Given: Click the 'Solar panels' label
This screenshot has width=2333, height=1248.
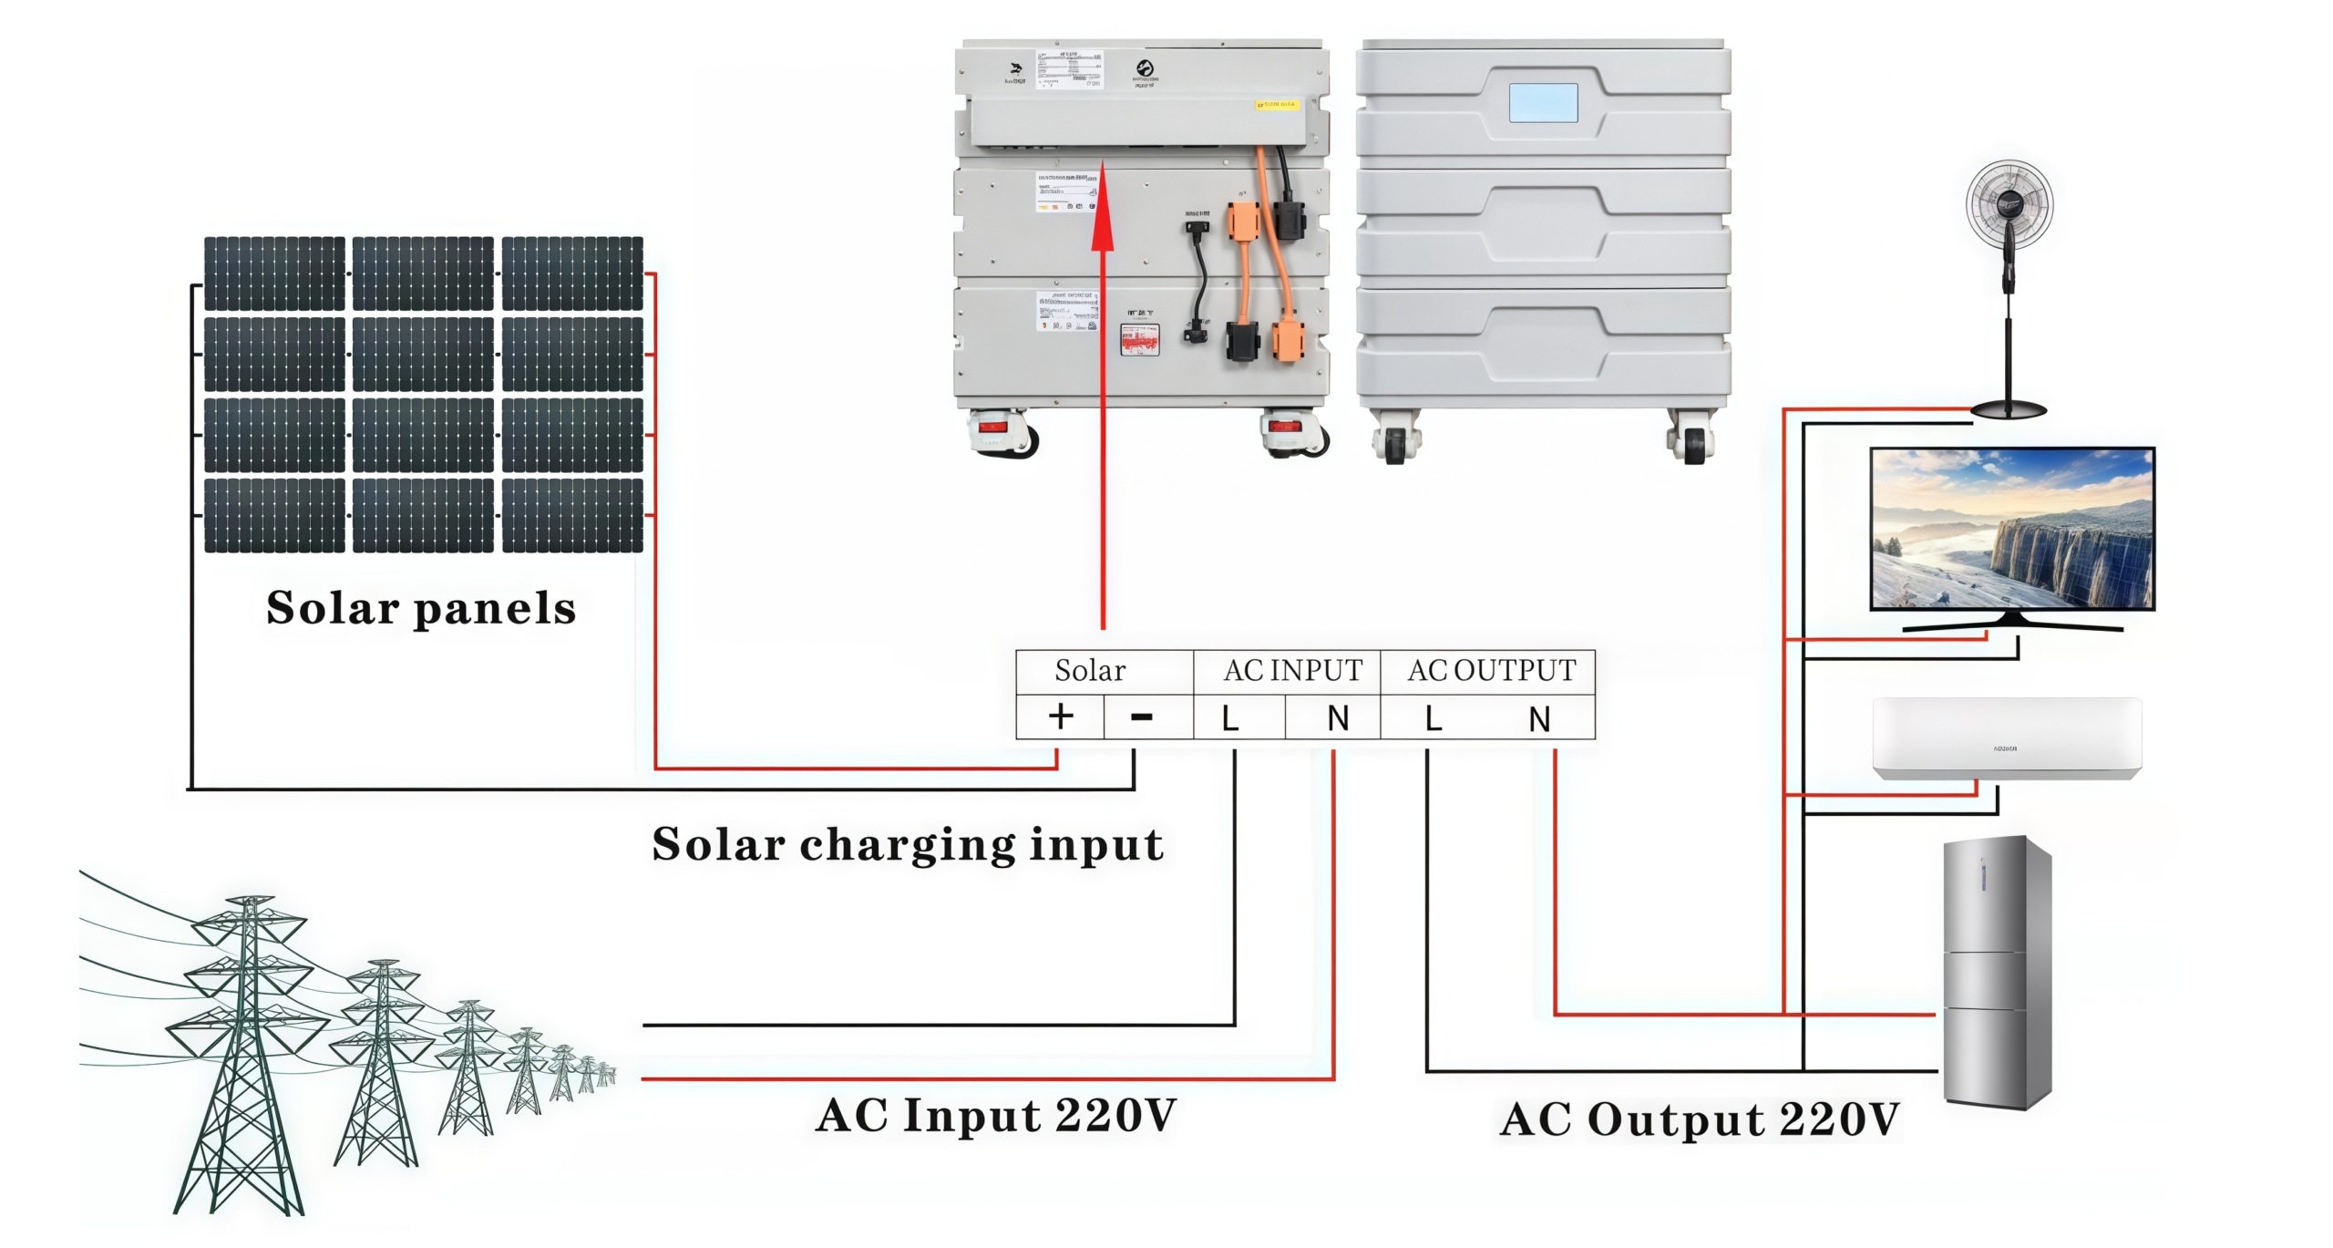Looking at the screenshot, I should point(421,608).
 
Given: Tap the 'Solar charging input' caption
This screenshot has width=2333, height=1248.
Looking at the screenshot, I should point(908,844).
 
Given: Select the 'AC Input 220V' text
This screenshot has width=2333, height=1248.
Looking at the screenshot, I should point(996,1115).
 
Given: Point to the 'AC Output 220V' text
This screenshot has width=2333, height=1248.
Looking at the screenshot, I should point(1700,1119).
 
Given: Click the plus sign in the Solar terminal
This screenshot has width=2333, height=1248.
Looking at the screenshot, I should point(1060,717).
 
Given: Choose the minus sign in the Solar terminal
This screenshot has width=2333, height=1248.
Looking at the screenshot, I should point(1142,717).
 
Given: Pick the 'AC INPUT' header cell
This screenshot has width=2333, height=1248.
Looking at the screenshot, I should point(1292,671).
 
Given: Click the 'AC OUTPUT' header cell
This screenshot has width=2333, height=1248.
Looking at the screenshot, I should point(1491,671).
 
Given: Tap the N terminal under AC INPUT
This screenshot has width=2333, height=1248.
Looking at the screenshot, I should point(1338,718).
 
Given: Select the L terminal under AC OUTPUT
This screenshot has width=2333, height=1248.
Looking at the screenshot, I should point(1434,718).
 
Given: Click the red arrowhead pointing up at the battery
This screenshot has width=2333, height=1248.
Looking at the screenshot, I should point(1103,219).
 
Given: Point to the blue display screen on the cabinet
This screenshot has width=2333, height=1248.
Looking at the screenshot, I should point(1543,103).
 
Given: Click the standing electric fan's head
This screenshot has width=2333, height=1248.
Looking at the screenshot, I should point(2009,203).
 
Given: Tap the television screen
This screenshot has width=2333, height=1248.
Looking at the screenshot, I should point(2012,529).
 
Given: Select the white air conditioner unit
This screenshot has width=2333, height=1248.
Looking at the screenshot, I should point(2007,738).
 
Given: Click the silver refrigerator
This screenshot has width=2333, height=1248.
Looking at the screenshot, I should point(1997,972).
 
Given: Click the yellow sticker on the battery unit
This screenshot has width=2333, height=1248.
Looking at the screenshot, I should point(1276,105).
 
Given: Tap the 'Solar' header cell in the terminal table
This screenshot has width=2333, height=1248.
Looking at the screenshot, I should point(1090,671).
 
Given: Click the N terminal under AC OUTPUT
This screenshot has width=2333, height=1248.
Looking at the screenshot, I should point(1539,718).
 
